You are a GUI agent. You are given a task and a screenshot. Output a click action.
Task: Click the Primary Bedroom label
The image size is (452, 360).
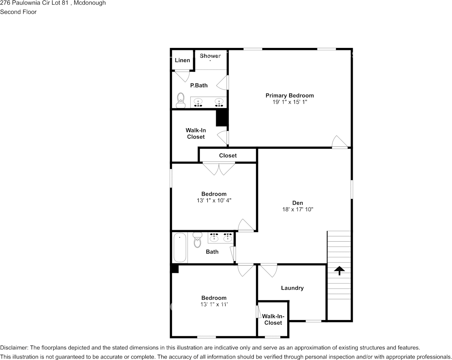pyautogui.click(x=290, y=96)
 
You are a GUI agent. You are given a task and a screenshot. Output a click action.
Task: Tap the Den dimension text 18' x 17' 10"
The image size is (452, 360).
pyautogui.click(x=298, y=209)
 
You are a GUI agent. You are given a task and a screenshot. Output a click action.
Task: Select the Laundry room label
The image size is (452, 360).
pyautogui.click(x=292, y=288)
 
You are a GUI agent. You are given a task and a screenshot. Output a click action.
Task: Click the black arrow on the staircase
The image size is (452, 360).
pyautogui.click(x=339, y=271)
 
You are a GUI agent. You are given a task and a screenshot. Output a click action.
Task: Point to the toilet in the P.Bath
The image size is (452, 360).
pyautogui.click(x=180, y=100)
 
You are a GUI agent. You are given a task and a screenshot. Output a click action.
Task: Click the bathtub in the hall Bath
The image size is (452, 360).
pyautogui.click(x=180, y=248)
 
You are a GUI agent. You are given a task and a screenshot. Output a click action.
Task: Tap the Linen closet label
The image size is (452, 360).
pyautogui.click(x=182, y=61)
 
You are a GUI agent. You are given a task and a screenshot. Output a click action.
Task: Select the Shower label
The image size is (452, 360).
pyautogui.click(x=210, y=56)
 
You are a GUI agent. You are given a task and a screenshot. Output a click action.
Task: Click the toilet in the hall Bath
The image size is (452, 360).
pyautogui.click(x=197, y=240)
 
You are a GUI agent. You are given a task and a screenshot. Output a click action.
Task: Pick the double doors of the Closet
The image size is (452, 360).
pyautogui.click(x=219, y=168)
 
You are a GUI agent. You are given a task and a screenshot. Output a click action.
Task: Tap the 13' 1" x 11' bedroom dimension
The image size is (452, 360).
pyautogui.click(x=214, y=304)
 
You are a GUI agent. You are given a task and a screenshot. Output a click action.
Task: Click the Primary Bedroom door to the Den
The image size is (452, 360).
pyautogui.click(x=340, y=142)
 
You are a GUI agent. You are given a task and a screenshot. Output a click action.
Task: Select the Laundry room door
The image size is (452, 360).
pyautogui.click(x=269, y=270)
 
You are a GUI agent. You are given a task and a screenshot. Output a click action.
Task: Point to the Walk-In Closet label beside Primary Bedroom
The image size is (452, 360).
pyautogui.click(x=196, y=134)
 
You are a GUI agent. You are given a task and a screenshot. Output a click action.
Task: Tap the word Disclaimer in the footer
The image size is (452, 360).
pyautogui.click(x=13, y=348)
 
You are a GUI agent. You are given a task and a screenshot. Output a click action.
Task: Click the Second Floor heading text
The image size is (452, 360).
pyautogui.click(x=18, y=12)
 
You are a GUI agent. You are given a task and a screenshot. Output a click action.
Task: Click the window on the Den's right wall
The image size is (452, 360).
pyautogui.click(x=352, y=189)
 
